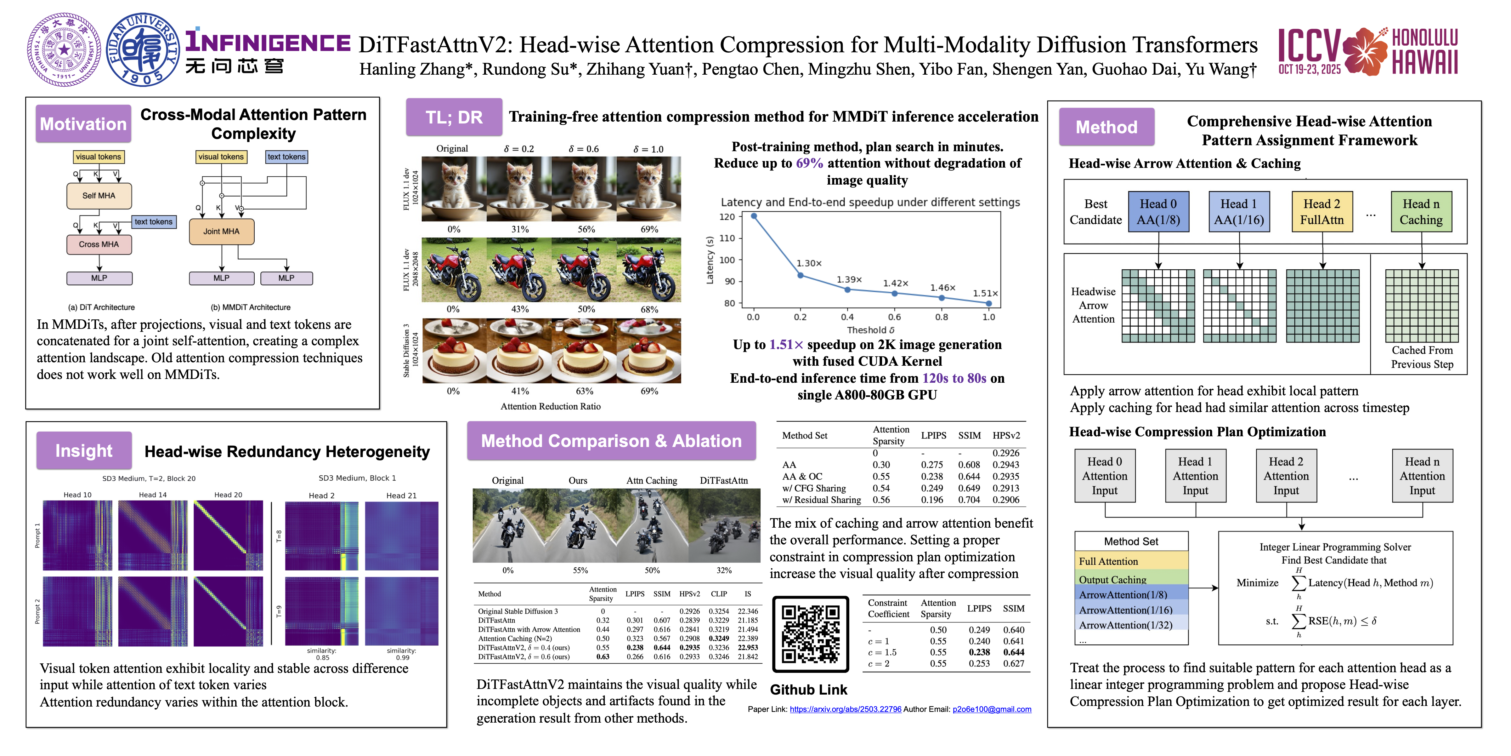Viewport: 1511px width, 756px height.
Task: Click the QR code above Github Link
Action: (x=810, y=634)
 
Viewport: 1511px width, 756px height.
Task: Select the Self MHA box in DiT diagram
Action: (x=99, y=195)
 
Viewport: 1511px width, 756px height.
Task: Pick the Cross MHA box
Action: (x=99, y=244)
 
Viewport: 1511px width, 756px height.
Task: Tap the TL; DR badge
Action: (x=454, y=117)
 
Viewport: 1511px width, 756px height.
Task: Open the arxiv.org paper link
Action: (x=845, y=709)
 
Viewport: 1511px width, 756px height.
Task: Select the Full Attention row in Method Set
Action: (x=1131, y=561)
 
